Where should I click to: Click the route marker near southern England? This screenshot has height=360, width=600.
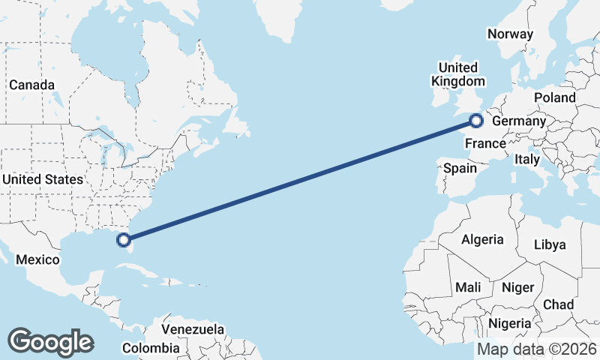click(475, 119)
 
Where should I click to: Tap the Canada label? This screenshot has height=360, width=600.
click(31, 85)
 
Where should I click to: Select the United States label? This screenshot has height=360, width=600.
click(43, 179)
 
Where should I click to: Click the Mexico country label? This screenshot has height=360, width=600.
click(38, 259)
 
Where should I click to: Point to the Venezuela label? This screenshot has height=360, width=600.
click(193, 329)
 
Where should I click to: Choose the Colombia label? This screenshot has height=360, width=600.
click(151, 348)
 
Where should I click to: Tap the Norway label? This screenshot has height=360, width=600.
click(510, 34)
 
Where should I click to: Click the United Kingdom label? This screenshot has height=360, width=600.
click(457, 73)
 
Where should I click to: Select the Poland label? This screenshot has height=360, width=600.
click(555, 97)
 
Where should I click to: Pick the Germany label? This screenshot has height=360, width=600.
click(519, 121)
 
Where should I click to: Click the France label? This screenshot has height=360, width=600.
click(485, 142)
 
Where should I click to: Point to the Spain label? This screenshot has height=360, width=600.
click(460, 168)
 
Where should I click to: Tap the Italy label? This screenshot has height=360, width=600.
click(527, 160)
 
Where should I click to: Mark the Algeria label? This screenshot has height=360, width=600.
click(481, 239)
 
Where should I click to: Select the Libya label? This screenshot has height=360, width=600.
click(550, 244)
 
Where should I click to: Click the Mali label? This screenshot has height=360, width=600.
click(468, 287)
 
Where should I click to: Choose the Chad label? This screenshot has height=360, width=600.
click(558, 304)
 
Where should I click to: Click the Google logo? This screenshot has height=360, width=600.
click(50, 341)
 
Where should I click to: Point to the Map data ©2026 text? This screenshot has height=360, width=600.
click(537, 349)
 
